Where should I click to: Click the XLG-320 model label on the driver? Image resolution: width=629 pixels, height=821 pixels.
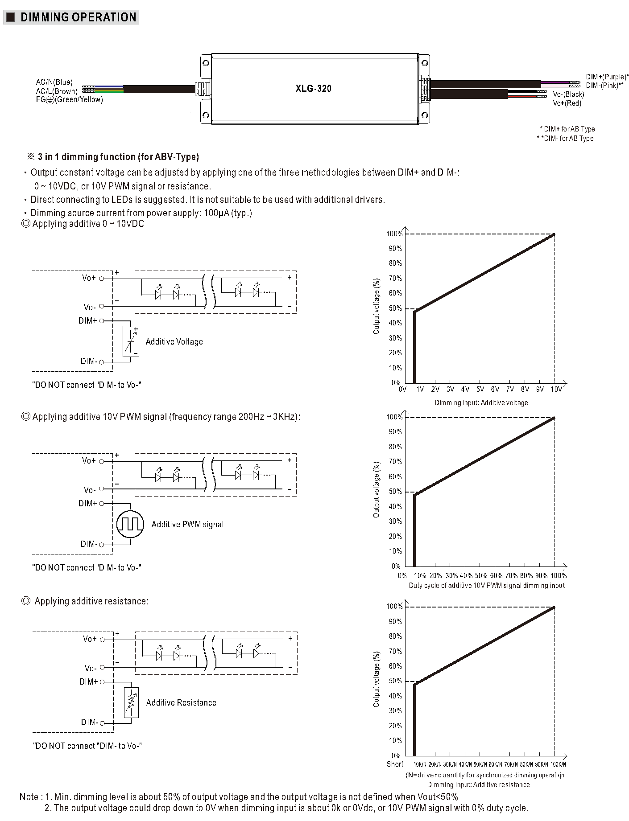[x=313, y=88]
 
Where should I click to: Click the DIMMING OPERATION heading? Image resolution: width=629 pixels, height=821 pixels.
[x=78, y=17]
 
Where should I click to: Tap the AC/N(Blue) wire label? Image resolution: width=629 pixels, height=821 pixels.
[x=54, y=82]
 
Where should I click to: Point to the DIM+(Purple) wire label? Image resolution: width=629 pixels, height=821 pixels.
[x=607, y=77]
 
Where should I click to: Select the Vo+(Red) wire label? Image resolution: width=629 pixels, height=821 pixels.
[x=567, y=103]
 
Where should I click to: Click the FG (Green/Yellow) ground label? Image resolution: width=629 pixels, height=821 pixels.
[x=70, y=100]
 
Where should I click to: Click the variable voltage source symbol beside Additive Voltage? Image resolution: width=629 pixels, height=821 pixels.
[x=131, y=341]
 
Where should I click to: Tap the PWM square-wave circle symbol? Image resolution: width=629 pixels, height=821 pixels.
[x=130, y=524]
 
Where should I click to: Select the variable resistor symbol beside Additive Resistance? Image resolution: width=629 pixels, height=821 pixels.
[x=131, y=702]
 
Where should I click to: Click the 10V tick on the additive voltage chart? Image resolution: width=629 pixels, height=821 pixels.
[x=556, y=390]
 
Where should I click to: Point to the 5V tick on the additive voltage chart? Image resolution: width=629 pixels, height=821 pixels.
[x=480, y=390]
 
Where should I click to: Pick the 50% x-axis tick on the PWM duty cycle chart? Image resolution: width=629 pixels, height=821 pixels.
[x=481, y=576]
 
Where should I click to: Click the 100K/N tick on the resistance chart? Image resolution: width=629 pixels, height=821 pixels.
[x=558, y=764]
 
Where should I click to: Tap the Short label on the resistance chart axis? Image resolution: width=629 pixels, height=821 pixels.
[x=395, y=764]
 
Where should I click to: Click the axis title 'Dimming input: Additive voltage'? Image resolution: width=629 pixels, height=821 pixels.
[x=481, y=403]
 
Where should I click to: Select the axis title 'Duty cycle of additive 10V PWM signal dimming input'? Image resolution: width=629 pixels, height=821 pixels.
[x=487, y=586]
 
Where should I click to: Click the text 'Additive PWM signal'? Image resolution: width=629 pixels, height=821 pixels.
[x=187, y=525]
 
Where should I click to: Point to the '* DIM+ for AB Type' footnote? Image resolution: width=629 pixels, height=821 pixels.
[x=567, y=129]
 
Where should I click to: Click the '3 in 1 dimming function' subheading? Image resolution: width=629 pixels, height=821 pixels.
[x=118, y=157]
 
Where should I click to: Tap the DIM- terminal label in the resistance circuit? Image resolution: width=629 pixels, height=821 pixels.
[x=89, y=722]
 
